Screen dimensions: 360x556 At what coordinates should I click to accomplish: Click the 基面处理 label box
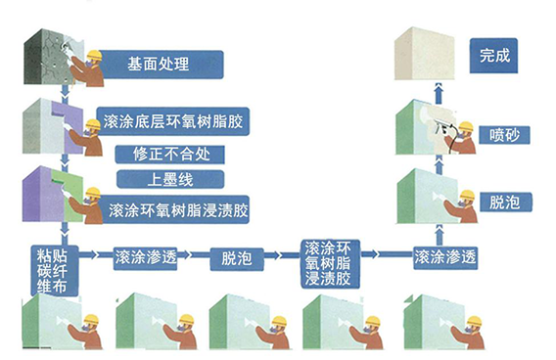pyautogui.click(x=159, y=66)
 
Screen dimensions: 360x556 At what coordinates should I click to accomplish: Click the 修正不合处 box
pyautogui.click(x=169, y=155)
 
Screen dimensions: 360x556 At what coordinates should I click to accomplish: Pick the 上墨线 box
pyautogui.click(x=169, y=179)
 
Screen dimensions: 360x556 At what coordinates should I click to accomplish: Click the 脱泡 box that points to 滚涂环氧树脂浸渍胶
pyautogui.click(x=237, y=258)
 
